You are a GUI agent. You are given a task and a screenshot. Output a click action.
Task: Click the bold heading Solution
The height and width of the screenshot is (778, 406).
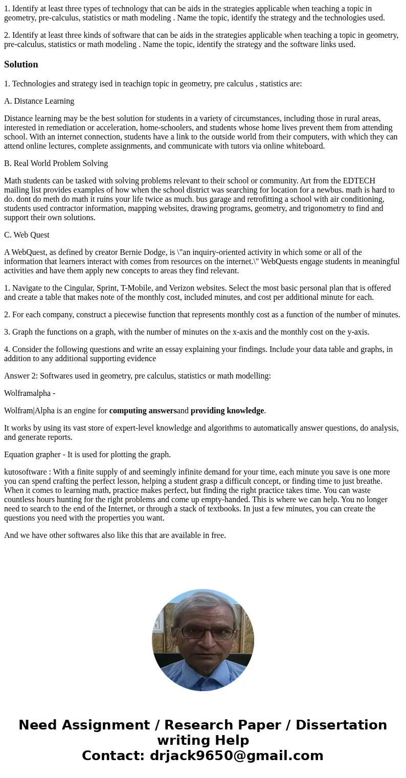[21, 64]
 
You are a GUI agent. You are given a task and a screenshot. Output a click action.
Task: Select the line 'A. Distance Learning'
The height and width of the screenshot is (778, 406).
[39, 101]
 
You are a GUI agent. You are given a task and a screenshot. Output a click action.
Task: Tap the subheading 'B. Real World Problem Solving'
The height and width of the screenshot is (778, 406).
[56, 163]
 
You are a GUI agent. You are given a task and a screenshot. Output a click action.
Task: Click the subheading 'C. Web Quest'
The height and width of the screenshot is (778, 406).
[27, 235]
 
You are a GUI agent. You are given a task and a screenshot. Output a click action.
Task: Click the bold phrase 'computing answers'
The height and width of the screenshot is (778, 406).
[143, 411]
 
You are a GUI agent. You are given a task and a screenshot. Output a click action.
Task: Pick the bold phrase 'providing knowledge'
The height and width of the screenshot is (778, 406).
[227, 411]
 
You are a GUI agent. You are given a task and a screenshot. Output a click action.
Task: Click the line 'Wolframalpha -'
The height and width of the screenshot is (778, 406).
[30, 393]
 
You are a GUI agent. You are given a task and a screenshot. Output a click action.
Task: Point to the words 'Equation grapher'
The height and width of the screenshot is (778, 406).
[32, 455]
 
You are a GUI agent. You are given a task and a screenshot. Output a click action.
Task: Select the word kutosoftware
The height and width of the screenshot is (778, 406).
[25, 472]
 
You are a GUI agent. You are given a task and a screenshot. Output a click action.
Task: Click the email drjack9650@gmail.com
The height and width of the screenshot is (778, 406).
[236, 756]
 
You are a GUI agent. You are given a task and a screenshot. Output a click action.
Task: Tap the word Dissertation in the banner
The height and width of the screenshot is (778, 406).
[341, 725]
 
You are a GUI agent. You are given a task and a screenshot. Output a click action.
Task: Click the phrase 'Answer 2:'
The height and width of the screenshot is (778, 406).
[21, 376]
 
